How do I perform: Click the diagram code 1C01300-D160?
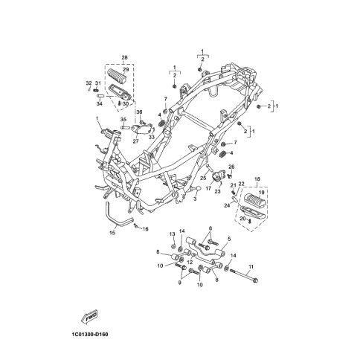[90, 335]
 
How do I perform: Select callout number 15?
[112, 233]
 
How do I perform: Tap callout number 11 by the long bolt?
[251, 267]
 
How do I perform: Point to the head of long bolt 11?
[256, 280]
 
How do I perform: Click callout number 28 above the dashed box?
[124, 57]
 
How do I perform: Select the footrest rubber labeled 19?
[255, 199]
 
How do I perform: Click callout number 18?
[257, 179]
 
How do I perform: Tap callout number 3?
[195, 199]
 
